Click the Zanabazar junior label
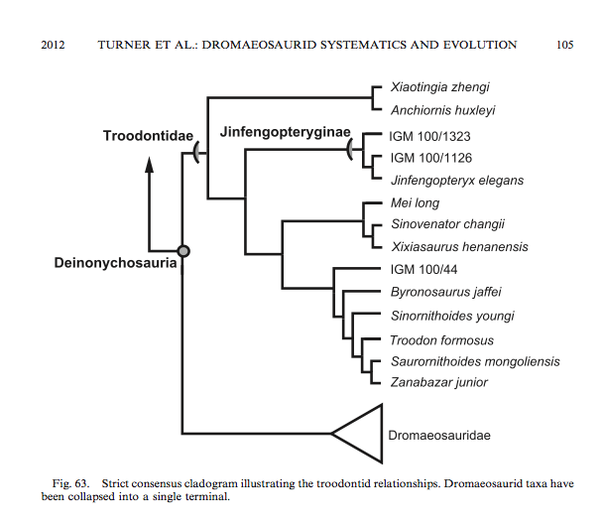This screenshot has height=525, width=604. tap(438, 382)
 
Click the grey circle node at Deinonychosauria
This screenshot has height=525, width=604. tap(183, 251)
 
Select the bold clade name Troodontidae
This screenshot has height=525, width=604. tap(149, 134)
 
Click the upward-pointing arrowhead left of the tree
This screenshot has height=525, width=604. tap(149, 171)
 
